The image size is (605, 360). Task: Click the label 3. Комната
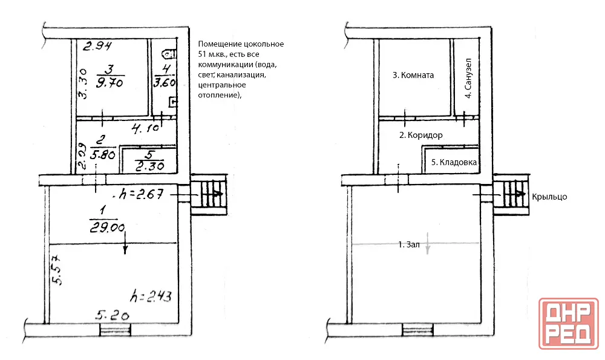tap(413, 75)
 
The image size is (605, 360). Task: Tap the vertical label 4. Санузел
tap(468, 78)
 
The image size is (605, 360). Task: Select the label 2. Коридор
tap(420, 135)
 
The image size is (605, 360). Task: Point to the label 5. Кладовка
tap(454, 162)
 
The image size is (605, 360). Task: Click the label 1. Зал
tap(408, 244)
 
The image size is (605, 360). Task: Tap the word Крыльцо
tap(549, 197)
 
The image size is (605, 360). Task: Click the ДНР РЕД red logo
tap(569, 323)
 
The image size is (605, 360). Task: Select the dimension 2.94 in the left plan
tap(97, 46)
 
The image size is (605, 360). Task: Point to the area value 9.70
tap(110, 82)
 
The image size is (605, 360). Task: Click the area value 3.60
tap(165, 82)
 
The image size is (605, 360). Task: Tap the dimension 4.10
tap(145, 128)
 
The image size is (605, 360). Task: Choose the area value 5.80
tap(103, 154)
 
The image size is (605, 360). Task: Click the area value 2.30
tap(149, 166)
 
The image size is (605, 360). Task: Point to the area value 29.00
tap(107, 227)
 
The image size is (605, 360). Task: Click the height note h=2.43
tap(151, 296)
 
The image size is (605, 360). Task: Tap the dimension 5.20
tap(113, 316)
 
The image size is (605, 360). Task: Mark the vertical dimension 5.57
tap(56, 269)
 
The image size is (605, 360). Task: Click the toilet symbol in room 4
tap(169, 54)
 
